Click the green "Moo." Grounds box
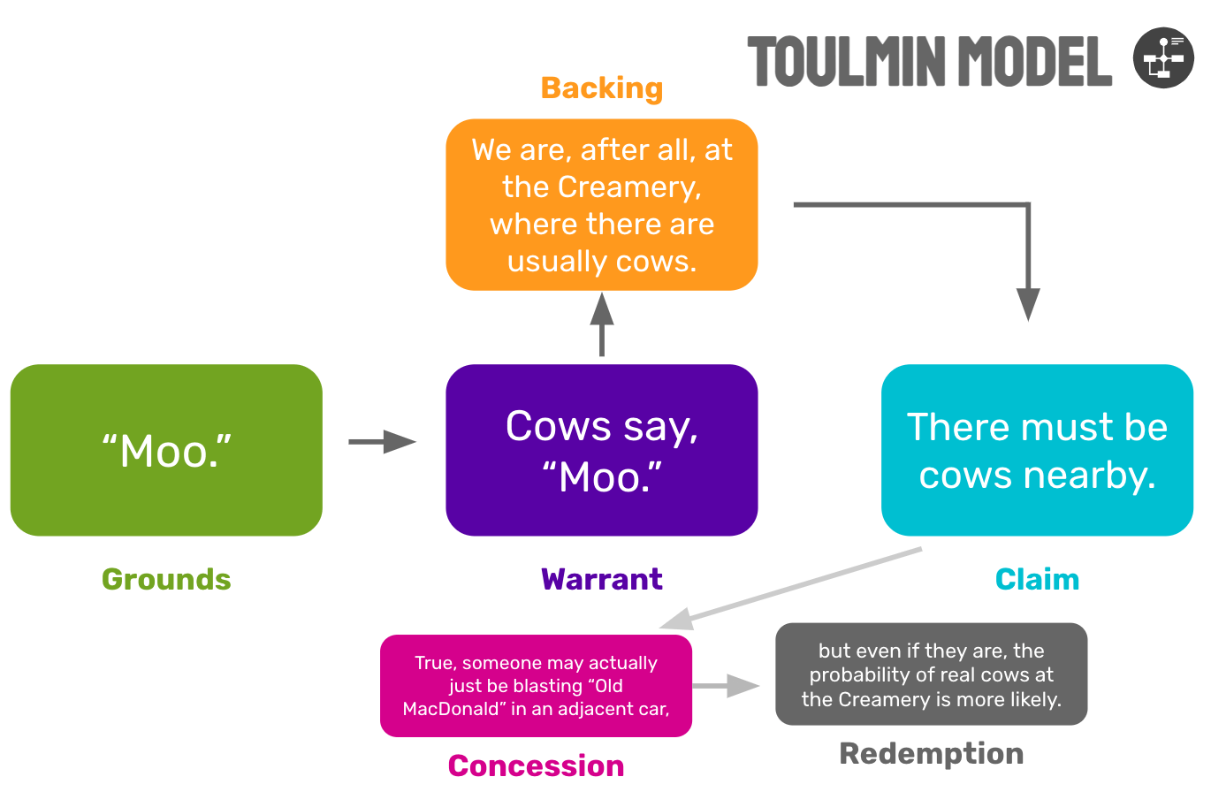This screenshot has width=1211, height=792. (x=166, y=450)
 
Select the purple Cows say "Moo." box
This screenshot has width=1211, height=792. (x=601, y=450)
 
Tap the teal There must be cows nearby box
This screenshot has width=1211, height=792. (x=1037, y=450)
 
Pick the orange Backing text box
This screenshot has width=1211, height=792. (x=601, y=205)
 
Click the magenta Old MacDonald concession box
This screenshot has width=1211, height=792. (x=536, y=686)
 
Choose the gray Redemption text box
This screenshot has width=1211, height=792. (x=931, y=674)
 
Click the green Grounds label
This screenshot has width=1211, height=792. (x=166, y=580)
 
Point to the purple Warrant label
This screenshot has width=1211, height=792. (x=601, y=580)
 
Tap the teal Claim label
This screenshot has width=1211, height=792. (x=1037, y=580)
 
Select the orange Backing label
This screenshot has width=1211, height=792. (x=601, y=88)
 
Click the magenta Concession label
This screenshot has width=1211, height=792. (x=536, y=765)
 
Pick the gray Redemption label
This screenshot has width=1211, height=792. (x=931, y=754)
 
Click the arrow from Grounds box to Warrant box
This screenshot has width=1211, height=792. (x=382, y=441)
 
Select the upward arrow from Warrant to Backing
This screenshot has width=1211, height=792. (x=601, y=324)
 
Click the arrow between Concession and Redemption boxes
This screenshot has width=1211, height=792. (x=726, y=686)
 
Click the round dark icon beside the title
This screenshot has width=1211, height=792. (x=1163, y=57)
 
